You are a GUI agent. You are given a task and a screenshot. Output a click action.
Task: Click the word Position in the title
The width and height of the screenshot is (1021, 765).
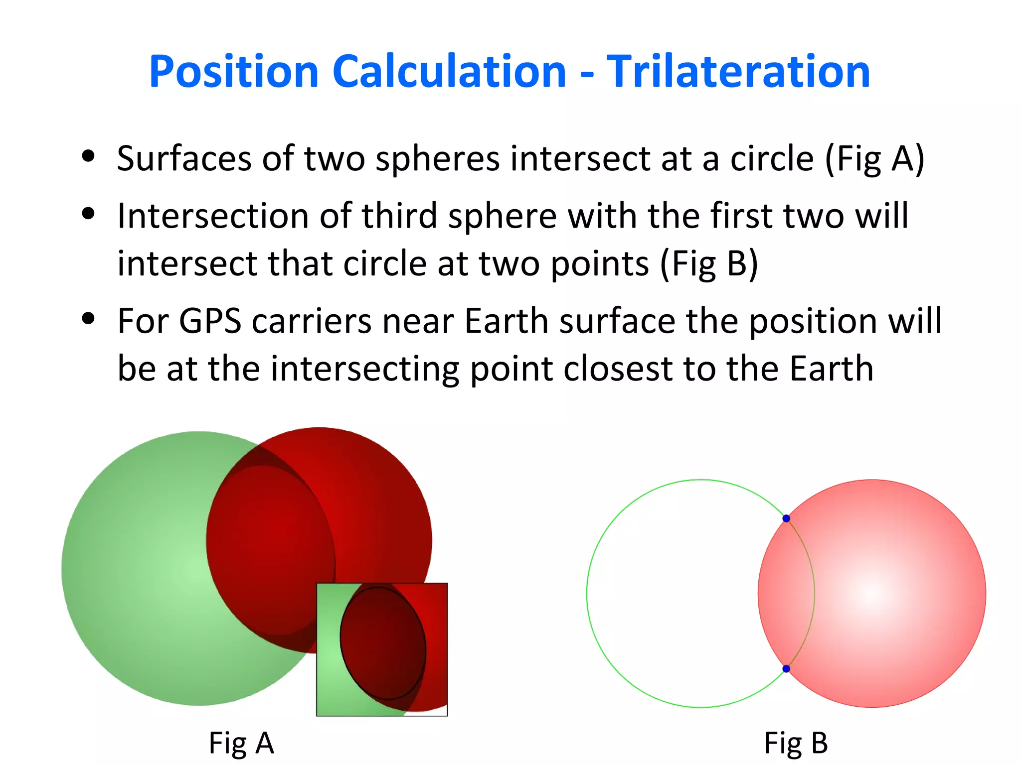tap(234, 72)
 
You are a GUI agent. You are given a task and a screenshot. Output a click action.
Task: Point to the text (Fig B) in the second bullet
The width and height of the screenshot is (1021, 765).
tap(709, 264)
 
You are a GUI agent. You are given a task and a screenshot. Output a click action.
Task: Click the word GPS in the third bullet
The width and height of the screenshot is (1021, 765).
tap(210, 321)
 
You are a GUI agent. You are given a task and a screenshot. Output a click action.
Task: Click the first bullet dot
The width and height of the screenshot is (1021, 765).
tap(88, 156)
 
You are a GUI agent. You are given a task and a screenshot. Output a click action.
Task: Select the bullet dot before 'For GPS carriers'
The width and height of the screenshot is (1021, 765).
tap(88, 318)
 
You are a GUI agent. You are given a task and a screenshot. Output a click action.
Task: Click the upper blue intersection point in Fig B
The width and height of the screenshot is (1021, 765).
tap(786, 518)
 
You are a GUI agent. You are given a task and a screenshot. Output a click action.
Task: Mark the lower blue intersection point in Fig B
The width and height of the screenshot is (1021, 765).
tap(786, 668)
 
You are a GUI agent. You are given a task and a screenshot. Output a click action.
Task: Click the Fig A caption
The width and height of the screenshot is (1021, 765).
tap(241, 743)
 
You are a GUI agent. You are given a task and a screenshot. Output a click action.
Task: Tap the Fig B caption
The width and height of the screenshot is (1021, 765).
tap(796, 743)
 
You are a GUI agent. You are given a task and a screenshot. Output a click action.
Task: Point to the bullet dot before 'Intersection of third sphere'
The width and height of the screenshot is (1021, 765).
tap(88, 214)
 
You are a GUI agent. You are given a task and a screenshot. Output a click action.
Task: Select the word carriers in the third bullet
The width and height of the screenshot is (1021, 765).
tap(312, 321)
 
